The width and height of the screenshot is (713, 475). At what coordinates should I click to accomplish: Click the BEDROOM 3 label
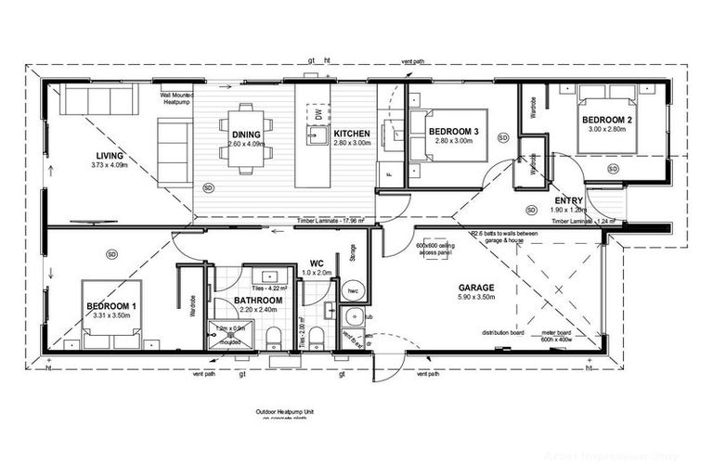click(x=453, y=133)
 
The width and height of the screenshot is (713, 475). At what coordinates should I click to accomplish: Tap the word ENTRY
click(x=568, y=201)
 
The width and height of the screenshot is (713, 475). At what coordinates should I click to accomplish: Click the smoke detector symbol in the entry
click(x=530, y=209)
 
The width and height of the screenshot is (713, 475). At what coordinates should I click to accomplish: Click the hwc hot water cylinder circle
click(x=354, y=290)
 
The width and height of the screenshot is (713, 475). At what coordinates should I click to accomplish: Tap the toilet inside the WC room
click(x=317, y=336)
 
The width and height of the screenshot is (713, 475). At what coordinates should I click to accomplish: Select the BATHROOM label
click(x=257, y=301)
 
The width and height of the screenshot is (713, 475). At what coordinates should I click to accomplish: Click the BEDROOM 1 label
click(x=112, y=306)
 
